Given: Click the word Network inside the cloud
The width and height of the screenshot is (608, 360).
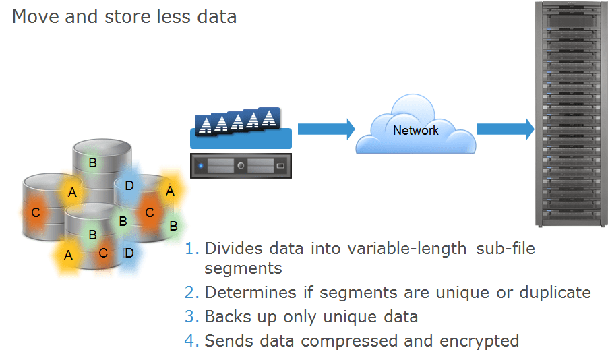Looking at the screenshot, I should (415, 130).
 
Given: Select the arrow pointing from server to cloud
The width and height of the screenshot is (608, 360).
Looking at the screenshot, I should (326, 129).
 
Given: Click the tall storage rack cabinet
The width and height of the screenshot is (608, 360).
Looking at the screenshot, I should (570, 115).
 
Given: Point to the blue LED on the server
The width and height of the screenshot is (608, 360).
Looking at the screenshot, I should (200, 166).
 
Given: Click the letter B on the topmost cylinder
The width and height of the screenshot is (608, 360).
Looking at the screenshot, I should (93, 162).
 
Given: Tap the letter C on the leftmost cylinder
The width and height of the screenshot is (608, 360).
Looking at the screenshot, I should (36, 212).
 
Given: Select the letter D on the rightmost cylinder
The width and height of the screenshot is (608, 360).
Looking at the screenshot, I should (129, 185).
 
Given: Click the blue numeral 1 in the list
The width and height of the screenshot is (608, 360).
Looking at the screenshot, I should (191, 249).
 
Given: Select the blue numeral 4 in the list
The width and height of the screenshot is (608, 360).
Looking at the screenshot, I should (191, 340).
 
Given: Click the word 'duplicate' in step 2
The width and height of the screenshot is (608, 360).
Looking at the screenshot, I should (549, 293).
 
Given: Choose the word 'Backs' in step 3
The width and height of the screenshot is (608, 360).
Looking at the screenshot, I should (226, 317).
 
